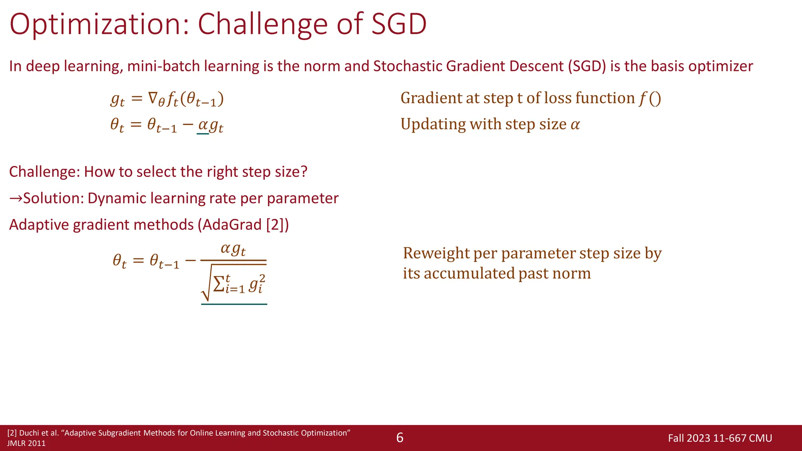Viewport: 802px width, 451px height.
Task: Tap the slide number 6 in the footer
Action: point(399,438)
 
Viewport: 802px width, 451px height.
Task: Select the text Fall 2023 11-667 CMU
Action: point(720,438)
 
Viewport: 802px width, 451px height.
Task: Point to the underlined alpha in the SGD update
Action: point(203,125)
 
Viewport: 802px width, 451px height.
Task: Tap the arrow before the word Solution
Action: point(16,198)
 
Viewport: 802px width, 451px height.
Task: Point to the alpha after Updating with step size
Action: point(575,125)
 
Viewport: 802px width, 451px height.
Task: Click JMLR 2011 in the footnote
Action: point(26,444)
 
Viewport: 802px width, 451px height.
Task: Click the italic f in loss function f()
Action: point(642,98)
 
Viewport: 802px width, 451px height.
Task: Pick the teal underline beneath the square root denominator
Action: point(234,304)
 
